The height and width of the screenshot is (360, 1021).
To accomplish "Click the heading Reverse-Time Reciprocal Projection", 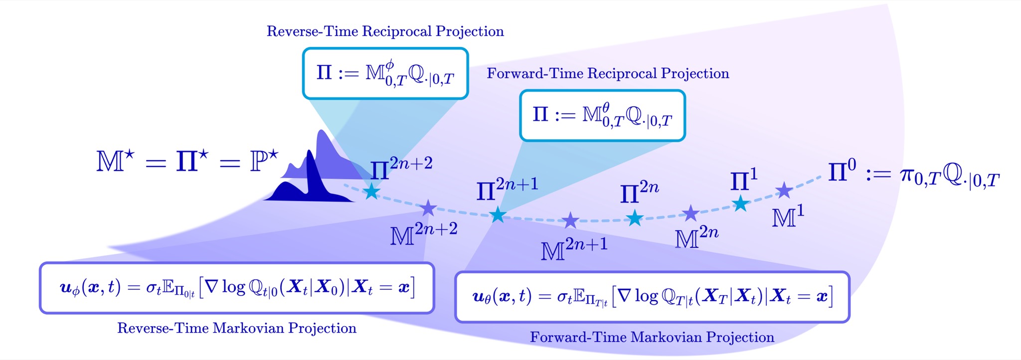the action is pos(385,31).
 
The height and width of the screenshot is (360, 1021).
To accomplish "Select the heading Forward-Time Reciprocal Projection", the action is pos(608,74).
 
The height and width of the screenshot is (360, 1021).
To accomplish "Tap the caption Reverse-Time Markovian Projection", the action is pos(237,328).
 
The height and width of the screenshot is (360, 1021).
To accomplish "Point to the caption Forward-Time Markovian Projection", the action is pos(652,337).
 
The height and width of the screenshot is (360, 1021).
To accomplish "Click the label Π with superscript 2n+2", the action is pos(401,169).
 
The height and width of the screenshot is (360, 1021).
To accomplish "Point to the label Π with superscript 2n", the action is pos(640,192).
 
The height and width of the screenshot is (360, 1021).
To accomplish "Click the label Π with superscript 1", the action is pos(744,180).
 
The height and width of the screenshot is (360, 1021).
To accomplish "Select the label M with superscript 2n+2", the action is pos(424,234).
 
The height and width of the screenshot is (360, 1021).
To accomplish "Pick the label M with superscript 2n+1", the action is pos(574,249).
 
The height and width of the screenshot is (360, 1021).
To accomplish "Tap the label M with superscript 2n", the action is pos(697,237).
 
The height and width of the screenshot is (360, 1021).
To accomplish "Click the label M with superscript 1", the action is pos(788,216).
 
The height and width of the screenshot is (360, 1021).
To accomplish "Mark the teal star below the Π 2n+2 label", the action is pos(371,191).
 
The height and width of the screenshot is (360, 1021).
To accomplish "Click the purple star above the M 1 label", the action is pos(784,190).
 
